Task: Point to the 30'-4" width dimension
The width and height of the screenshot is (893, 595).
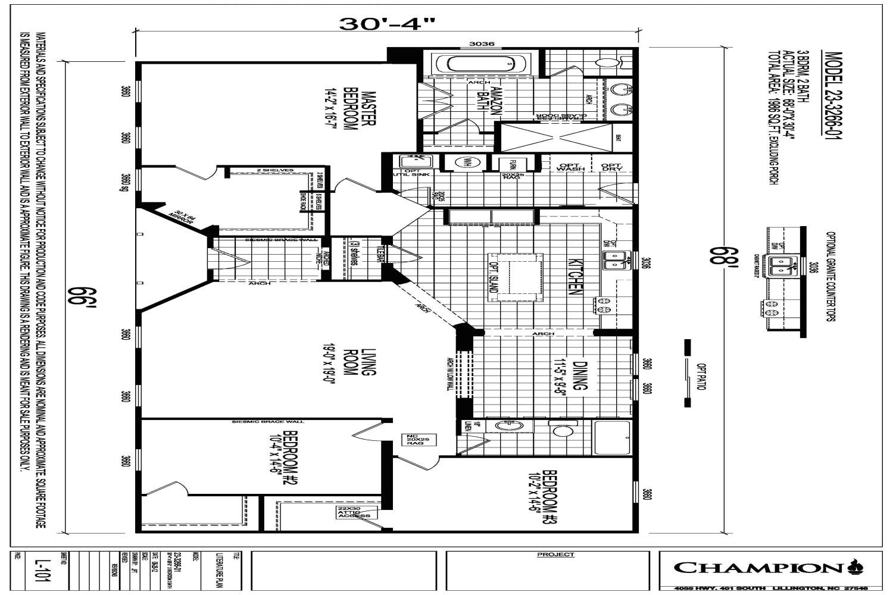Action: coord(387,24)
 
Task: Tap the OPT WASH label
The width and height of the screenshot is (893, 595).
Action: coord(570,168)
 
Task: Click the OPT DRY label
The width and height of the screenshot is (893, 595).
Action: coord(611,168)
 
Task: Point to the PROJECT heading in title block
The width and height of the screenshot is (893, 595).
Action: coord(555,555)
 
